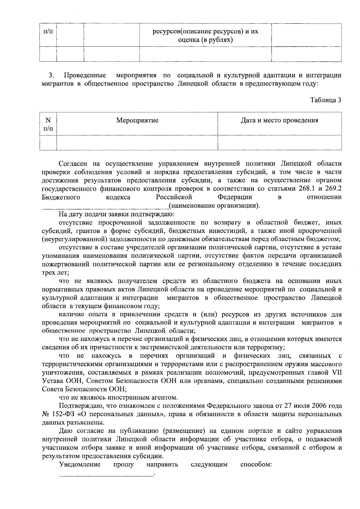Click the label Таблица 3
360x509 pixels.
pos(325,100)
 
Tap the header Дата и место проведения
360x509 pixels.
pos(279,121)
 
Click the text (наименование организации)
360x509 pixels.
pos(214,206)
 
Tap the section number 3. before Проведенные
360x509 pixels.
pos(51,75)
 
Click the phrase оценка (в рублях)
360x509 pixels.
pos(205,39)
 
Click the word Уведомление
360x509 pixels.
pos(79,465)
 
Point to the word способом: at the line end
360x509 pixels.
pos(256,465)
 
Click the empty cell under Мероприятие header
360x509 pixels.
pos(137,142)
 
